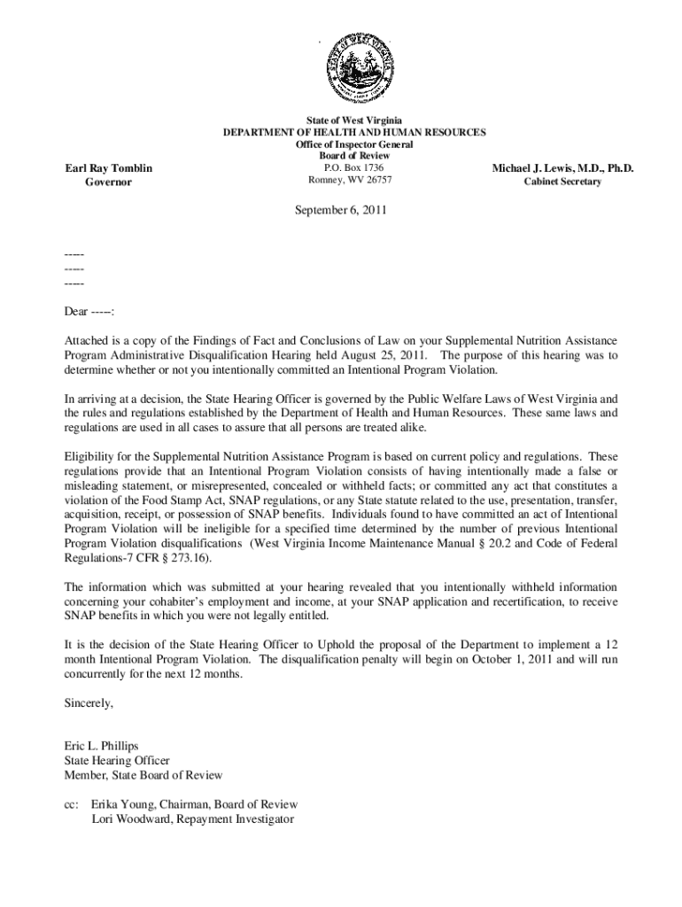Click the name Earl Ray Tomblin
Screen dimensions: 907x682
click(x=109, y=168)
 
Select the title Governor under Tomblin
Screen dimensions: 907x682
click(x=109, y=182)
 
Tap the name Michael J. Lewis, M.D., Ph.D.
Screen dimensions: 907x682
click(x=562, y=168)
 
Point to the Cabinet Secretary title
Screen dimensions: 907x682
click(x=562, y=182)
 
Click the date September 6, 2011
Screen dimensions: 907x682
click(x=340, y=211)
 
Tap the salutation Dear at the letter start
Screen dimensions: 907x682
click(x=75, y=312)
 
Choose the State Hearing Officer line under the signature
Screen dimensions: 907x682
click(x=116, y=760)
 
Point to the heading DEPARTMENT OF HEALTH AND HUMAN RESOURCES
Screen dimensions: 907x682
click(x=353, y=132)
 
